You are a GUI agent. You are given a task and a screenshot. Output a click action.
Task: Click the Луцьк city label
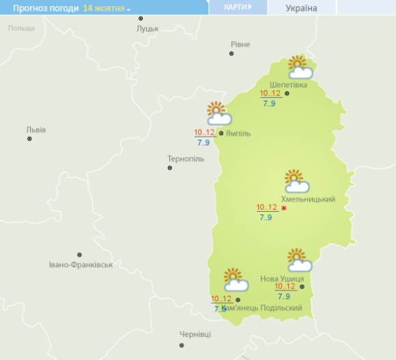click(147, 29)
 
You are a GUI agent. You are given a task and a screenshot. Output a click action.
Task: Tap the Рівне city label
click(240, 44)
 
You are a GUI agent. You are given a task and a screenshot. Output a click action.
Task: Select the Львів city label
click(36, 129)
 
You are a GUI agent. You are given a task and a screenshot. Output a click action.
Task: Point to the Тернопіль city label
click(186, 158)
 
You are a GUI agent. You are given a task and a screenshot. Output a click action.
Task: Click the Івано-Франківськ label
click(81, 264)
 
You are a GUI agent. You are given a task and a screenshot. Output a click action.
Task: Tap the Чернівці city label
click(195, 334)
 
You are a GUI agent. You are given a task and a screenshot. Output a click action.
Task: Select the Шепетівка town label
click(289, 85)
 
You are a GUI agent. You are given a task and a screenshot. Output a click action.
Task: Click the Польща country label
click(21, 28)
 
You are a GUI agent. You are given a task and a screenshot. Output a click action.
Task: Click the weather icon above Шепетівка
click(299, 68)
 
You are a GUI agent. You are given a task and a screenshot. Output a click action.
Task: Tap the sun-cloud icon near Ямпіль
click(218, 113)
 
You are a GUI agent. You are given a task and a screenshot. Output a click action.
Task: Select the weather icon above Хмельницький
click(296, 181)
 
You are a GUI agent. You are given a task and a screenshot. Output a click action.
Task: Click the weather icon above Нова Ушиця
click(299, 260)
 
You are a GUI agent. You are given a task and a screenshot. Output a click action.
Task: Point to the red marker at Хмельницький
click(283, 208)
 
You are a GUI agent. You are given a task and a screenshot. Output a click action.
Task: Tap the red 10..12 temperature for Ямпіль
click(204, 133)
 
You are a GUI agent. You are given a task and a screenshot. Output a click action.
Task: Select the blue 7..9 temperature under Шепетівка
click(269, 103)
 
